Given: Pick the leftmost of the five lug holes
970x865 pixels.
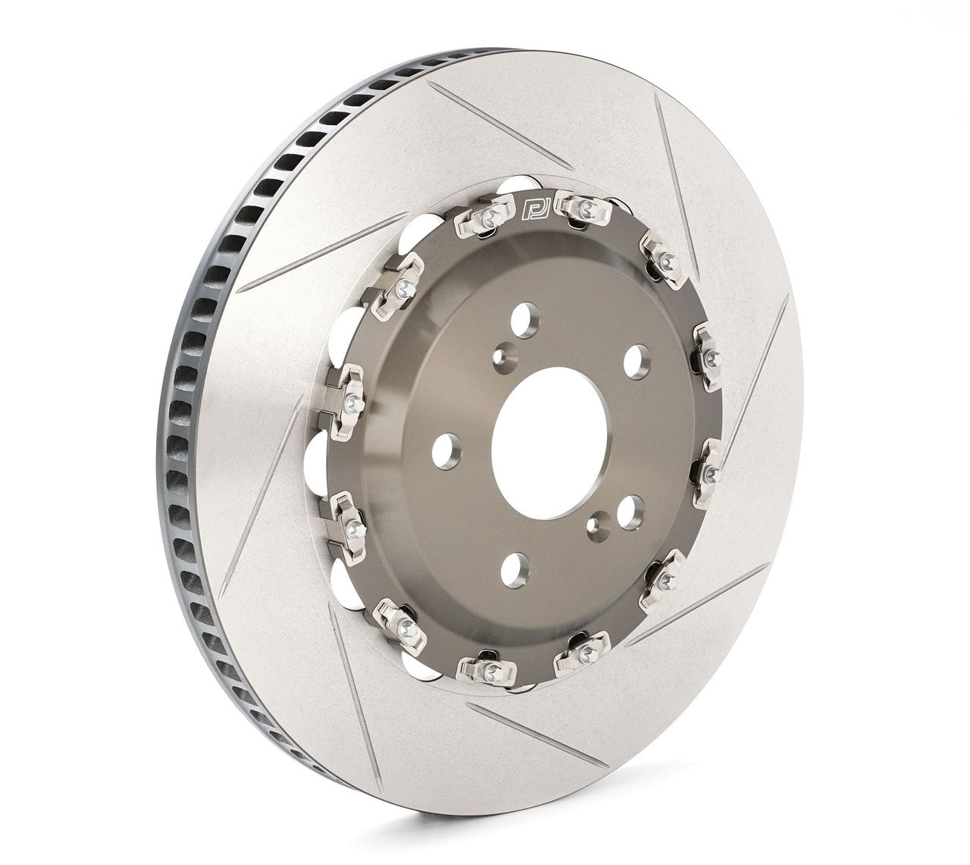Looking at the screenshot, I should [446, 450].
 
